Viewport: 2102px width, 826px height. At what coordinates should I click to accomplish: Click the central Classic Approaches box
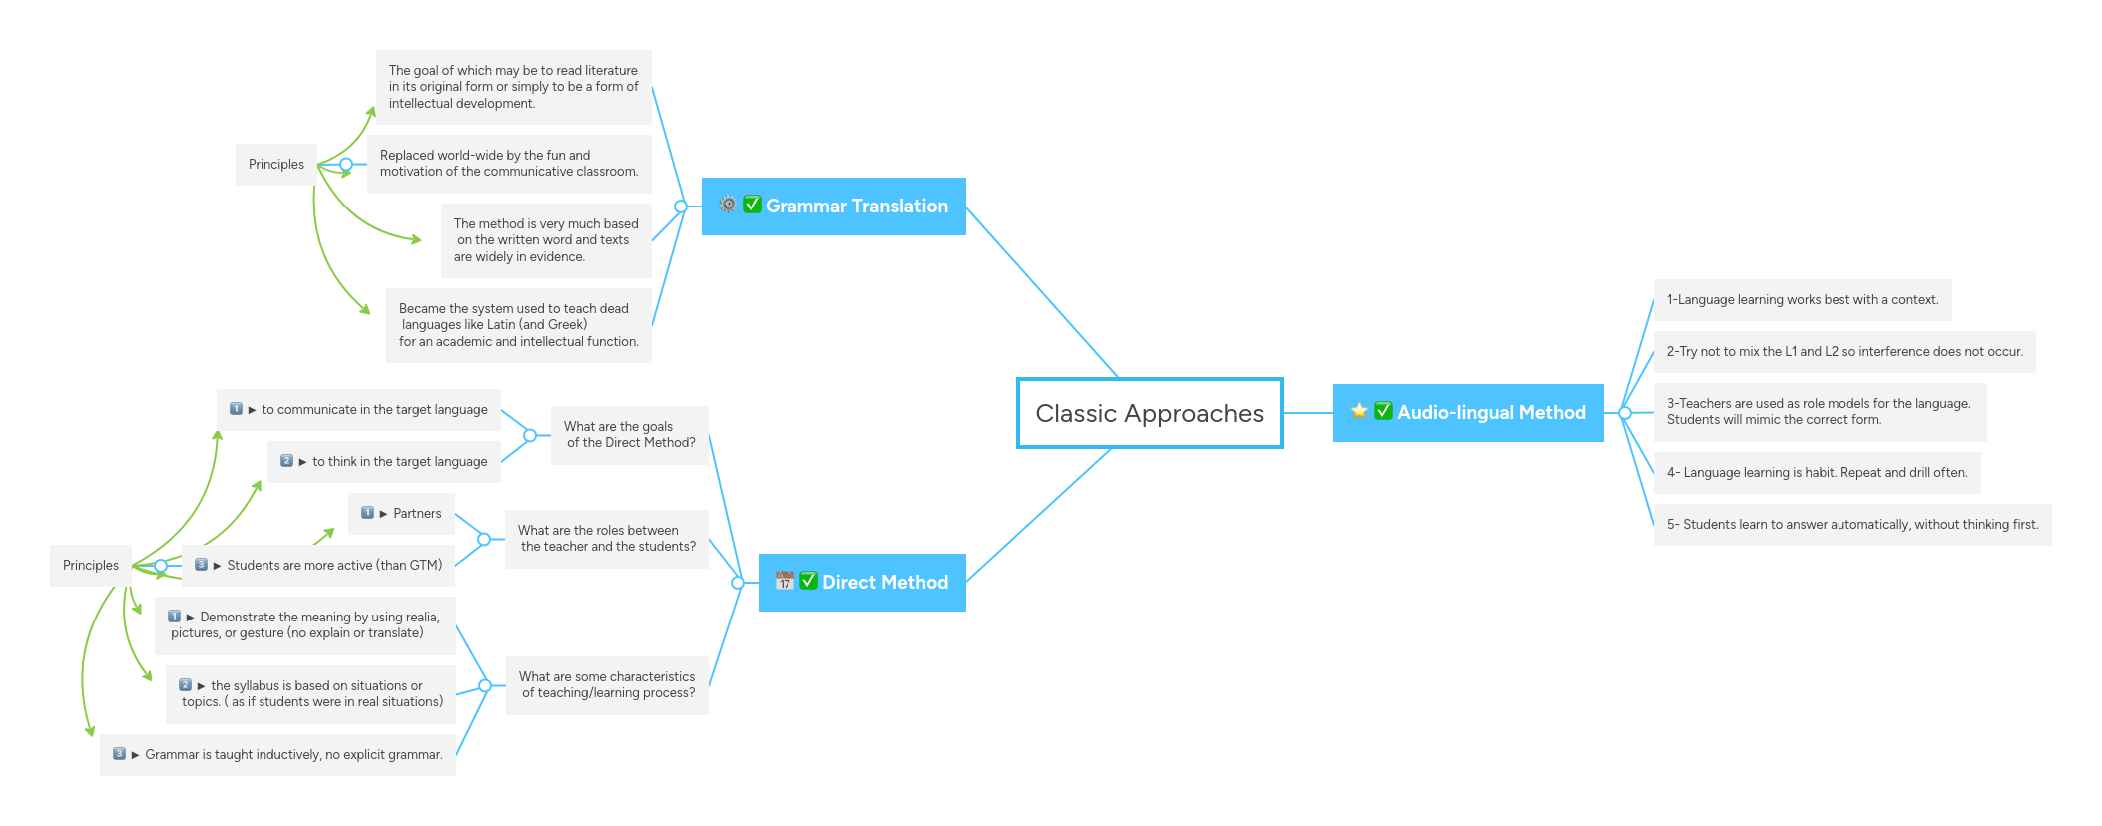click(x=1149, y=413)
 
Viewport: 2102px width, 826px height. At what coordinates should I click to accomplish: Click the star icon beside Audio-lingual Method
click(x=1359, y=411)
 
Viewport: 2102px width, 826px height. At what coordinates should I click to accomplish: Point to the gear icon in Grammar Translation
click(x=728, y=205)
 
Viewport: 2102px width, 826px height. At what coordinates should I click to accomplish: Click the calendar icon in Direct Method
click(x=785, y=581)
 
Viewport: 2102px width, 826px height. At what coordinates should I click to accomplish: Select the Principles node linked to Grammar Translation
click(x=276, y=165)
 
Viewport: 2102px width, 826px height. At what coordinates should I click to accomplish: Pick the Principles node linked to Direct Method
click(x=91, y=566)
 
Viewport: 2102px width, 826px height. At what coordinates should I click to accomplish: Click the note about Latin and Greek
click(x=518, y=325)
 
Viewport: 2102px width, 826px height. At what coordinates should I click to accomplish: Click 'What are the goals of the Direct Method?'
click(x=629, y=435)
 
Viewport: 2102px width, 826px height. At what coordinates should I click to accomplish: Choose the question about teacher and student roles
click(x=606, y=539)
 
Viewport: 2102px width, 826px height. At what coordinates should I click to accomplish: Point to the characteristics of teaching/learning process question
click(x=607, y=685)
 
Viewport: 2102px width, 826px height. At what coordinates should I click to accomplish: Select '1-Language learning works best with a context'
click(x=1802, y=300)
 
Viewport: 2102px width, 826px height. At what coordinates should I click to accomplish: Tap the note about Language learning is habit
click(x=1817, y=473)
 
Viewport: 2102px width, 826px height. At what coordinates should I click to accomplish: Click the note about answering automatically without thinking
click(x=1851, y=525)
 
